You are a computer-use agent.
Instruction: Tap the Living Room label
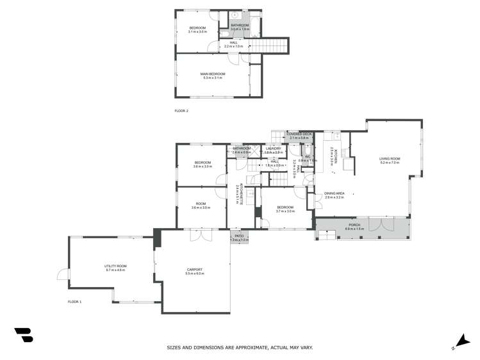point(389,158)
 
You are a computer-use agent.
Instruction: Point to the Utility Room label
point(115,266)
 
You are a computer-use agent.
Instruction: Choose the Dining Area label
point(335,193)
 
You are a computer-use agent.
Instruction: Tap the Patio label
point(239,236)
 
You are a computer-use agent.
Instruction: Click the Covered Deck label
point(299,134)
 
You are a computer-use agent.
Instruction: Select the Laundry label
point(274,149)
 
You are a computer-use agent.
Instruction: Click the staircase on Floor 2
point(269,45)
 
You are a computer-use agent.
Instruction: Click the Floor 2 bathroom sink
point(236,15)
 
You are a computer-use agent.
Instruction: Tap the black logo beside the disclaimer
point(23,334)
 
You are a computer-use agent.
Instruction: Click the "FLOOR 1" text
point(74,301)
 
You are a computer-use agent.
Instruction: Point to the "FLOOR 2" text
point(181,111)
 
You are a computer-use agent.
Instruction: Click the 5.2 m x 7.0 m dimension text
point(389,163)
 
